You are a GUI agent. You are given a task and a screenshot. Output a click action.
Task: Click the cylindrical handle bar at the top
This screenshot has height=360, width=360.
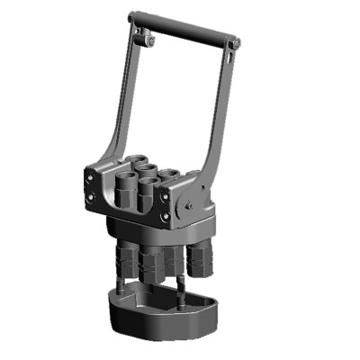tap(184, 28)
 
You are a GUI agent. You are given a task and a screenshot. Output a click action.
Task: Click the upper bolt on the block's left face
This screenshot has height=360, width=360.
tap(93, 178)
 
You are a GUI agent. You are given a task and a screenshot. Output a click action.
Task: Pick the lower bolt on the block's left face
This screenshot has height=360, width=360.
tap(93, 196)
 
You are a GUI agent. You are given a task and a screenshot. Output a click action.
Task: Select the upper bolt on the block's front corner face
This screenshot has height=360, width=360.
tap(166, 200)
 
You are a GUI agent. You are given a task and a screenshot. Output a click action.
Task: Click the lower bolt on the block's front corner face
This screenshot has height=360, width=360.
tap(165, 217)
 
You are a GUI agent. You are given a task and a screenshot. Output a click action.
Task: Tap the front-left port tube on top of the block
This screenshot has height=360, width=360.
tap(126, 187)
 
